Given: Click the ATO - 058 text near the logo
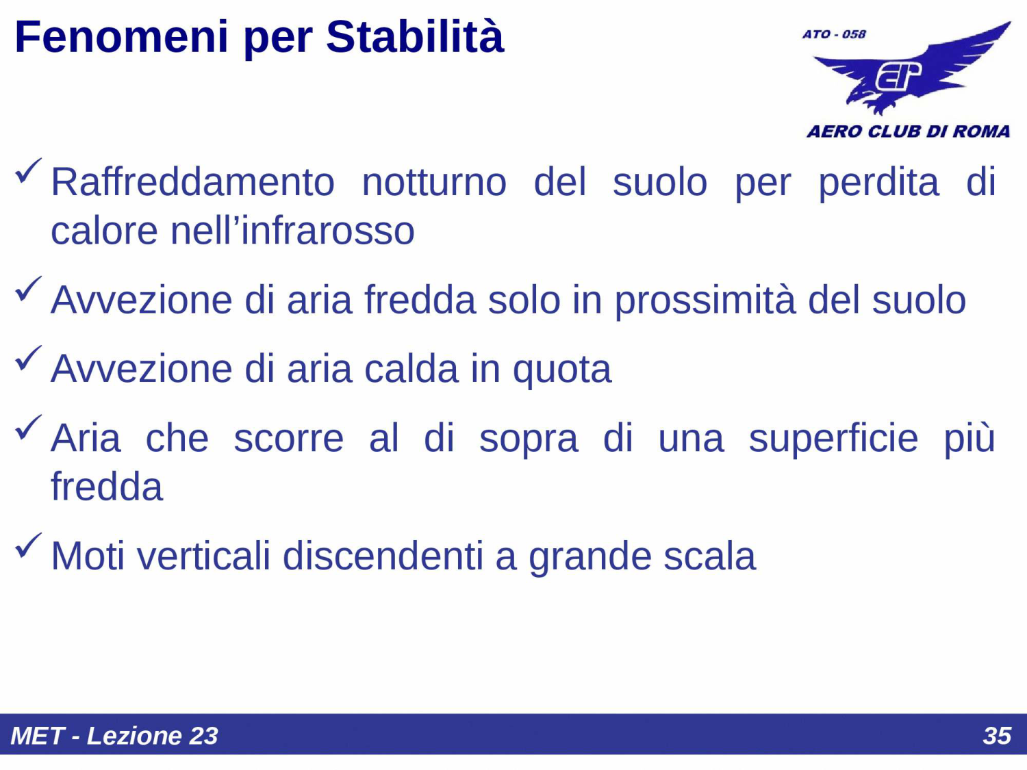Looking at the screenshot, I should (x=834, y=34).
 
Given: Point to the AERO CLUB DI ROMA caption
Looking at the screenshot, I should (x=908, y=131).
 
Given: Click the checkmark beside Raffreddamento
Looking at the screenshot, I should (x=28, y=171).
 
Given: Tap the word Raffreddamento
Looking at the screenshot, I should (x=192, y=182).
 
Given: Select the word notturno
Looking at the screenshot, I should (x=434, y=182).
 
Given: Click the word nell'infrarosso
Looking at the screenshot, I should (x=292, y=231).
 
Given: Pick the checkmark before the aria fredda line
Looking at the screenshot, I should (x=28, y=289).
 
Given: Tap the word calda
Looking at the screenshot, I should (x=411, y=369).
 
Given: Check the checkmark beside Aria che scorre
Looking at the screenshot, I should (x=28, y=428).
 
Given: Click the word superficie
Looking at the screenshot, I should (x=833, y=439).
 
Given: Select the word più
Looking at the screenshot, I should (x=969, y=439).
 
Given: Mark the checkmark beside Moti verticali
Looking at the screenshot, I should (x=28, y=546).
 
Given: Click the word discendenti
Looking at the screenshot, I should (x=383, y=556).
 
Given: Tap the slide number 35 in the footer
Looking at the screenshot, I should (x=996, y=736).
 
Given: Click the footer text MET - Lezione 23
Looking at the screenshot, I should (x=114, y=736).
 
